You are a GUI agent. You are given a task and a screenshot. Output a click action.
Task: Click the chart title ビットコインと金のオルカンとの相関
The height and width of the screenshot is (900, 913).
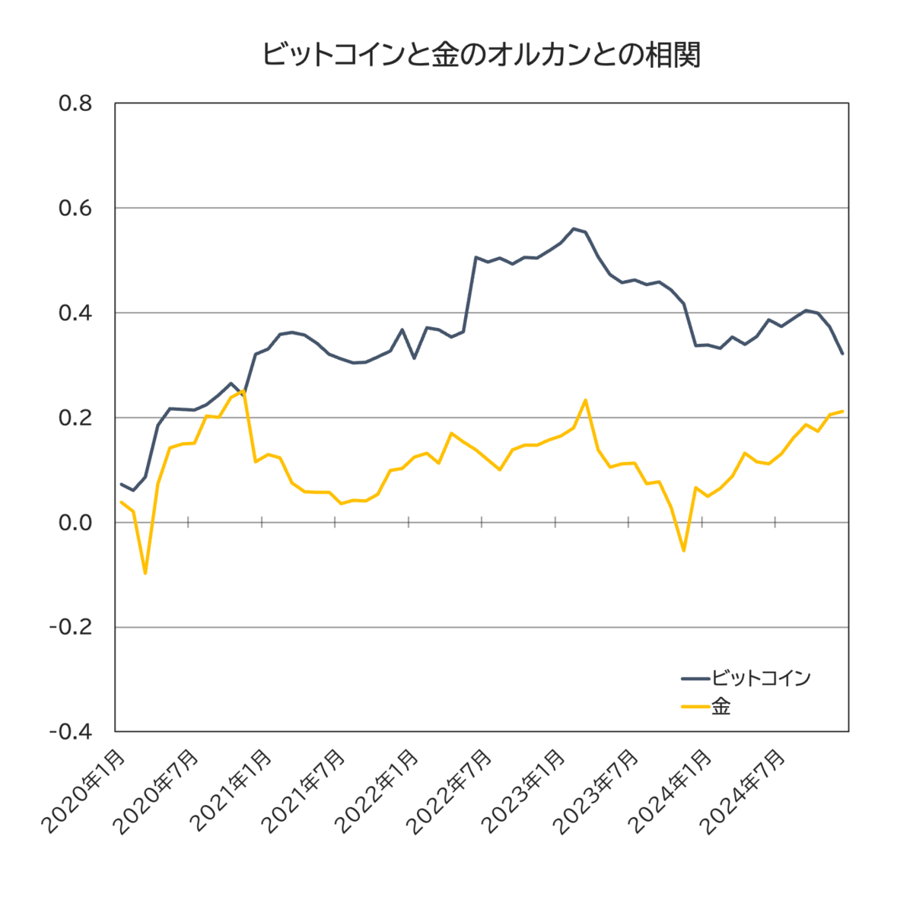[x=481, y=56]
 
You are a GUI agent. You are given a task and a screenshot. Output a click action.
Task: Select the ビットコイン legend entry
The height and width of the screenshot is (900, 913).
[x=760, y=678]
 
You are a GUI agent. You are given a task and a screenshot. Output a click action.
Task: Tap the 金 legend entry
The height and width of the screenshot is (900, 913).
[x=721, y=707]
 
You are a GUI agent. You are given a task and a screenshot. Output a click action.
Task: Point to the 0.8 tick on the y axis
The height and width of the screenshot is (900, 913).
[x=75, y=103]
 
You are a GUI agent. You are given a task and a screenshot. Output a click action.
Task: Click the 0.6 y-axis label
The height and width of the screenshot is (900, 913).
[x=75, y=208]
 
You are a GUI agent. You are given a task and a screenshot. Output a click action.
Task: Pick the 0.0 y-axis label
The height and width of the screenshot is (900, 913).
[x=75, y=523]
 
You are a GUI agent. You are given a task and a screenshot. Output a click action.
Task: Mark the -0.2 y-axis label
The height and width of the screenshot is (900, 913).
[x=72, y=627]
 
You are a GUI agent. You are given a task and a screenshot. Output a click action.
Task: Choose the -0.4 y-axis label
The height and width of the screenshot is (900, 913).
[x=72, y=731]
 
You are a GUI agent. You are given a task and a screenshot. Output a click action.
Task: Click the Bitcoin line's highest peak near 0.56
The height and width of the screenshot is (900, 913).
[x=574, y=228]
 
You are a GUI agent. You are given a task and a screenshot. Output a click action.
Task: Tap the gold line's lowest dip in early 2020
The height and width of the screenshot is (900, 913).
[x=145, y=573]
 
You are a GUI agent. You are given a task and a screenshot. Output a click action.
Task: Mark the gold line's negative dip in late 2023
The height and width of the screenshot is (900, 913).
[x=684, y=550]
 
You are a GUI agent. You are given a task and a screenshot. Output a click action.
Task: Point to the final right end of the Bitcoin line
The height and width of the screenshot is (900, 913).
[x=842, y=354]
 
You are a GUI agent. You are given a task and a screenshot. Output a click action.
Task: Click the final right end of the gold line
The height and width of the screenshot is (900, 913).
[x=842, y=412]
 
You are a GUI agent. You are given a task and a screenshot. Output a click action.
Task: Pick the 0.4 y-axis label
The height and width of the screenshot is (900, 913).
[x=75, y=313]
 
